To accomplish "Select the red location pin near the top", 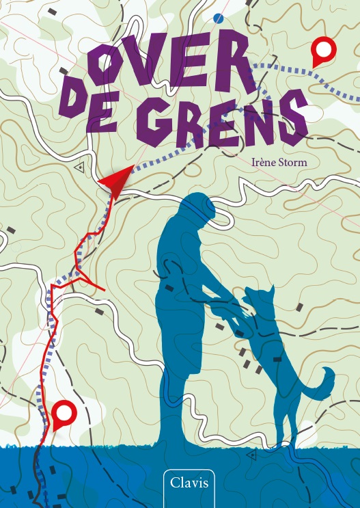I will pyautogui.click(x=322, y=51).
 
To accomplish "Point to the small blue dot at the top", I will pyautogui.click(x=218, y=18).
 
